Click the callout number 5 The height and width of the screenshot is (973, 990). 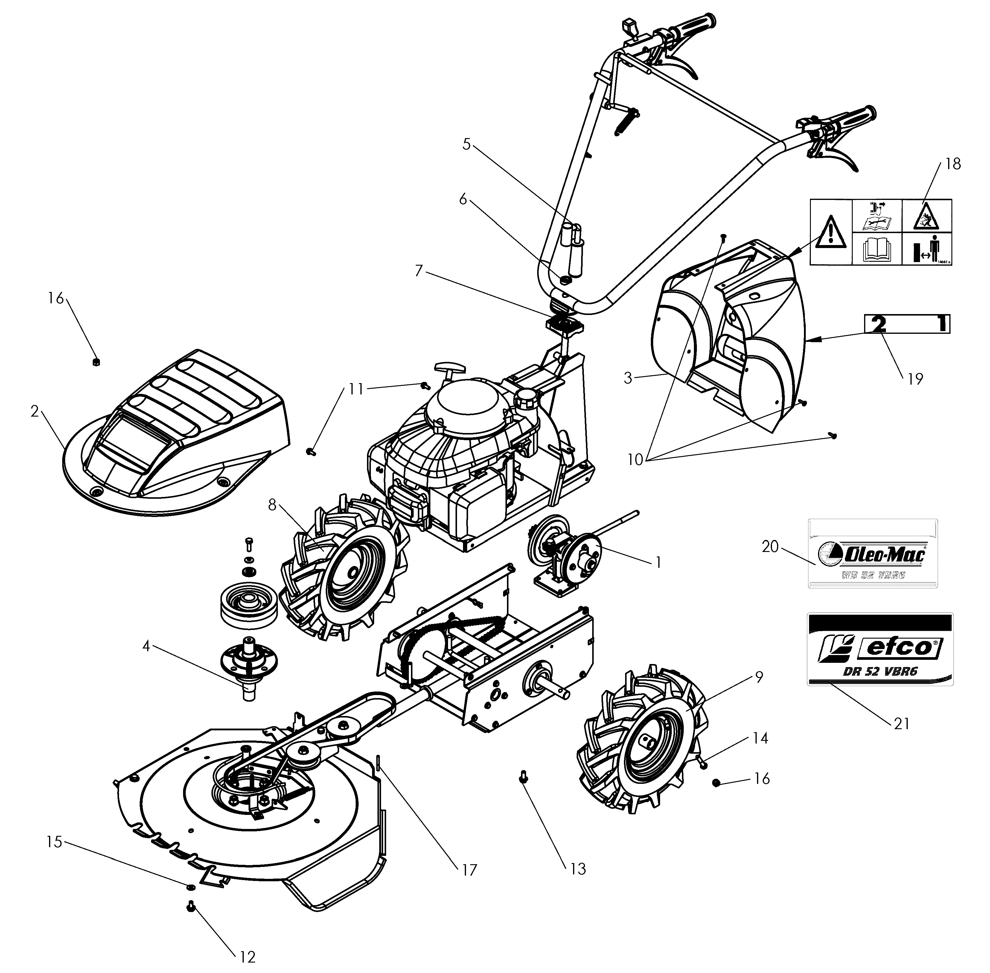pos(466,144)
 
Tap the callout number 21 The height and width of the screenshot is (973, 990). pos(901,723)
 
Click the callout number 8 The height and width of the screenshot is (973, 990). pos(272,505)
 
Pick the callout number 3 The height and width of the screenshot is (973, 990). pos(628,378)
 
